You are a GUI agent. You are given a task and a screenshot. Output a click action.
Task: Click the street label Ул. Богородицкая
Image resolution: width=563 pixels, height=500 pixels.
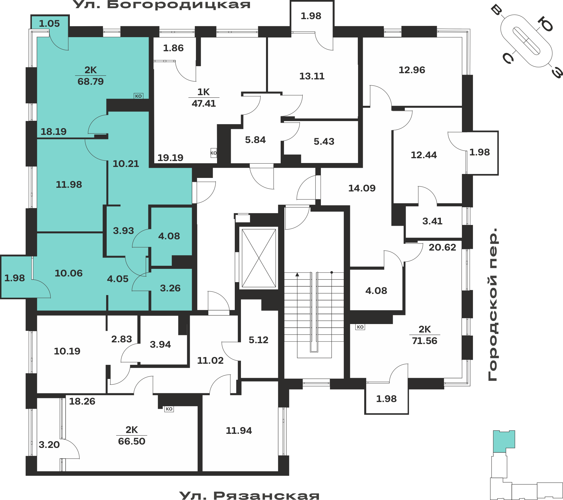click(x=162, y=4)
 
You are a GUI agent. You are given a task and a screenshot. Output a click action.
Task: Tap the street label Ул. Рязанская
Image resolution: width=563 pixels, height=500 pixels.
click(x=249, y=495)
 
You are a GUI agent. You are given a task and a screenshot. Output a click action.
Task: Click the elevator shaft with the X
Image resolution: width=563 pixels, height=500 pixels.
click(x=259, y=258)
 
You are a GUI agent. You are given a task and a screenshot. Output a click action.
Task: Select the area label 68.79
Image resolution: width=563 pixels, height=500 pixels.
click(x=91, y=82)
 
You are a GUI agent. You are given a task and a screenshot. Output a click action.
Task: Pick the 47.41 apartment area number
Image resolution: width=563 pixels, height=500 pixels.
click(x=204, y=104)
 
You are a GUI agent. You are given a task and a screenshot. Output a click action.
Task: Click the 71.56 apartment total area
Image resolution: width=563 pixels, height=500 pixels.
click(x=425, y=341)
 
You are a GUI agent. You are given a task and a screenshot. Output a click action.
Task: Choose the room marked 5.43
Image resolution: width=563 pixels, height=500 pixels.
click(x=324, y=142)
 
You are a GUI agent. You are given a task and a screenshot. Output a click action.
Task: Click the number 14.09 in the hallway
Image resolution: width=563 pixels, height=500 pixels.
click(x=362, y=188)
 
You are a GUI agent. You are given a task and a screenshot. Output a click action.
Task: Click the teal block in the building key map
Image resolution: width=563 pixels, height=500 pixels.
click(x=504, y=441)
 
